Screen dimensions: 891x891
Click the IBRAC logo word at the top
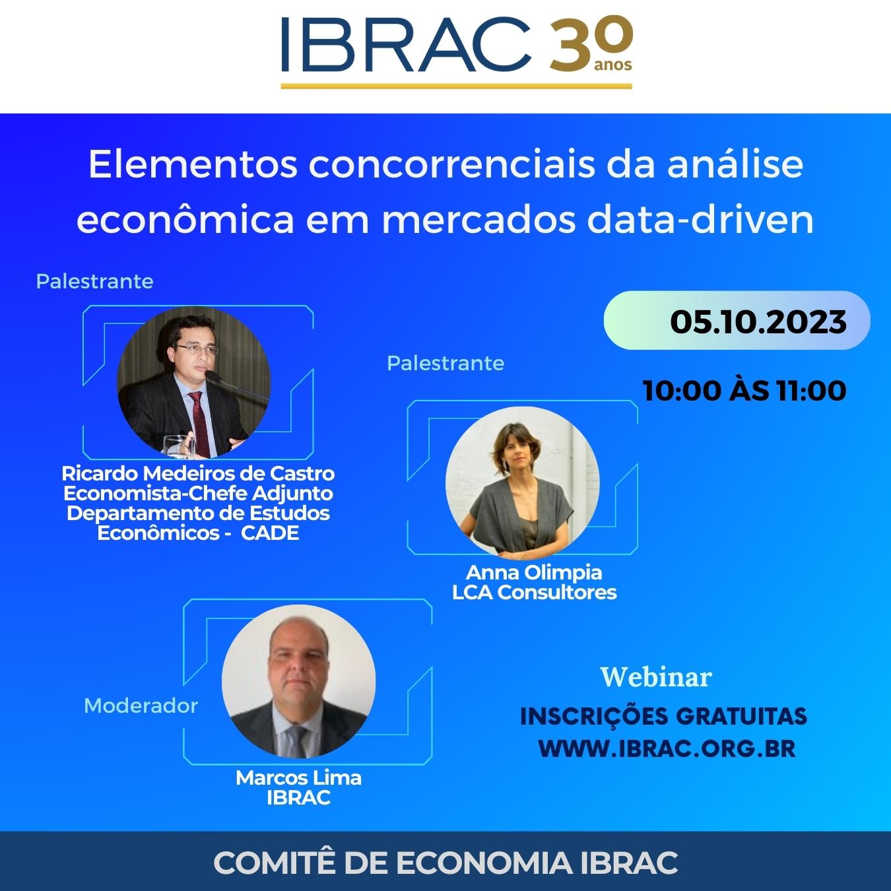406,44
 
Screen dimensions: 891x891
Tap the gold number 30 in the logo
591,44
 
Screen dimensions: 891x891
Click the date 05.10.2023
758,321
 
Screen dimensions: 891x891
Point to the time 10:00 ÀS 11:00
744,391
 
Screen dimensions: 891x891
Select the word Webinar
656,677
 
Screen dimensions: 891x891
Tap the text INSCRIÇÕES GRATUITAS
663,717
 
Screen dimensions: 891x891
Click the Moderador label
141,706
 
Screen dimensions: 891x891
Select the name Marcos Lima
299,777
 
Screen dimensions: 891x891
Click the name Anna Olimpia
534,572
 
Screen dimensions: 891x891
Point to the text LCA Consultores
534,592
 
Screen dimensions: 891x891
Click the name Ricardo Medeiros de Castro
199,473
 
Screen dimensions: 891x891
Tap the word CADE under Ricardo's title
270,533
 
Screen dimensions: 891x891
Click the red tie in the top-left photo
200,423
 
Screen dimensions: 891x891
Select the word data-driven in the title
700,220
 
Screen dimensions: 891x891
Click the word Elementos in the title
193,164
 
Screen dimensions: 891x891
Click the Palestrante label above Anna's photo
445,364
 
